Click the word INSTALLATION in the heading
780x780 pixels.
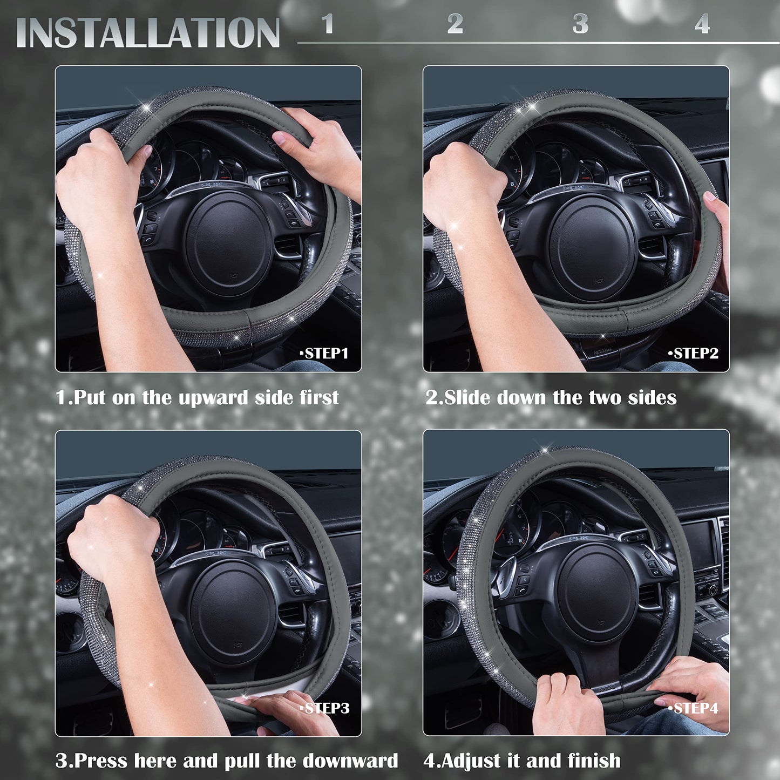[148, 33]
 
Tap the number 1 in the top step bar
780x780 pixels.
[328, 24]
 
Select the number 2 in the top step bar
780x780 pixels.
[455, 24]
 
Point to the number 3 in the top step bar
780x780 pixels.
[581, 24]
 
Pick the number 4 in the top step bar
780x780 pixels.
[702, 25]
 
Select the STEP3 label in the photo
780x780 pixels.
[325, 708]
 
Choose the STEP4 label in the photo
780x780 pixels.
[695, 708]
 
